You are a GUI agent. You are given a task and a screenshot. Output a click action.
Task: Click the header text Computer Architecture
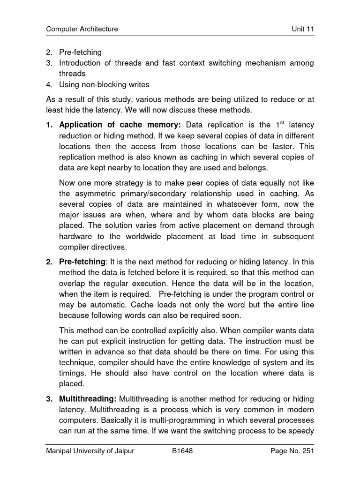(x=82, y=30)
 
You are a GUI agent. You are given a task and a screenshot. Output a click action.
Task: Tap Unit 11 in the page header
(x=302, y=30)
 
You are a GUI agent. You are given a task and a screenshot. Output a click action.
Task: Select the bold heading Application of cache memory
(x=121, y=125)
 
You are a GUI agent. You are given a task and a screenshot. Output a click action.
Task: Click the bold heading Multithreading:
(x=88, y=399)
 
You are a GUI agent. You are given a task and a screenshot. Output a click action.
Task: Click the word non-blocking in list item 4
(x=105, y=85)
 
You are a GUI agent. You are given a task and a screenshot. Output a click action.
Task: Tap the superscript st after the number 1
(x=282, y=123)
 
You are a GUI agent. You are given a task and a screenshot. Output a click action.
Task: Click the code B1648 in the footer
(x=182, y=451)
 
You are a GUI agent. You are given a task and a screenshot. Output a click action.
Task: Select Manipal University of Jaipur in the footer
(x=90, y=451)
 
